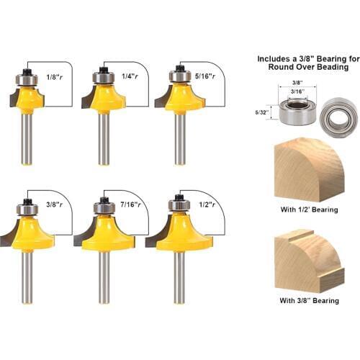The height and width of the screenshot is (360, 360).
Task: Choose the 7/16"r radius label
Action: pyautogui.click(x=129, y=205)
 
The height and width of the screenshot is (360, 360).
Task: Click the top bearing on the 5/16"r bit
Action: pyautogui.click(x=177, y=75)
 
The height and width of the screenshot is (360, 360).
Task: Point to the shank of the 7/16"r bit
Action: pyautogui.click(x=105, y=277)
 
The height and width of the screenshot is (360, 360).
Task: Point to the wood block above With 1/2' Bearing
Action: pyautogui.click(x=308, y=171)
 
